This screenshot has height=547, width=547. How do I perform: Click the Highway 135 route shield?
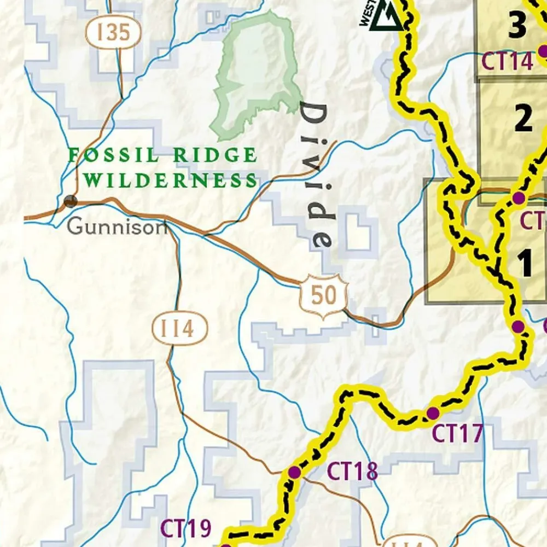[x=113, y=33]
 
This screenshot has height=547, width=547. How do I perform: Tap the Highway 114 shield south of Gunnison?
[x=180, y=329]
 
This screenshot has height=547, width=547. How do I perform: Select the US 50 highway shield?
[x=324, y=296]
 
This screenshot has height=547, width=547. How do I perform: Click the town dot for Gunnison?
[x=70, y=201]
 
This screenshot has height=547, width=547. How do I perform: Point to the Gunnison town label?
[x=117, y=226]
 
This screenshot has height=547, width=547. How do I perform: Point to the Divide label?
[x=316, y=175]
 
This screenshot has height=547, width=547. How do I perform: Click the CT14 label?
[x=507, y=62]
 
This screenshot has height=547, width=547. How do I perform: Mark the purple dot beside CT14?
[x=543, y=51]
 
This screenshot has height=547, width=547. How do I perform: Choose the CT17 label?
[x=457, y=434]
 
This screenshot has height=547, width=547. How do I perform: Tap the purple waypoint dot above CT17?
[x=433, y=412]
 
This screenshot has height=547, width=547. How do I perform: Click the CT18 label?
[x=352, y=471]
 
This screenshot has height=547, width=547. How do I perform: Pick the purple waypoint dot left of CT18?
[x=294, y=472]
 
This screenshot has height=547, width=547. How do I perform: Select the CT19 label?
[x=185, y=529]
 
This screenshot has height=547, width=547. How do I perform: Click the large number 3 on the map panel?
[x=517, y=26]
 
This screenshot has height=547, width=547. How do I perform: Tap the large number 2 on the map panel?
[x=523, y=118]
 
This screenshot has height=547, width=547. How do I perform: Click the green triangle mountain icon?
[x=391, y=18]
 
